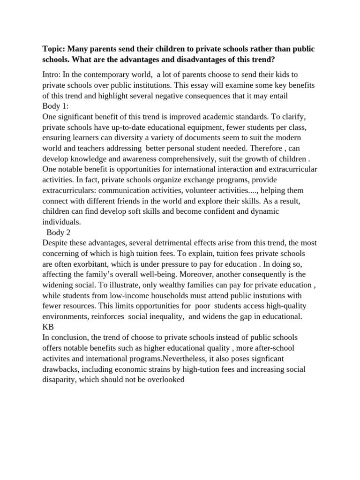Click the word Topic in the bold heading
click(53, 50)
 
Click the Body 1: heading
click(55, 105)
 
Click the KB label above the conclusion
click(48, 327)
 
